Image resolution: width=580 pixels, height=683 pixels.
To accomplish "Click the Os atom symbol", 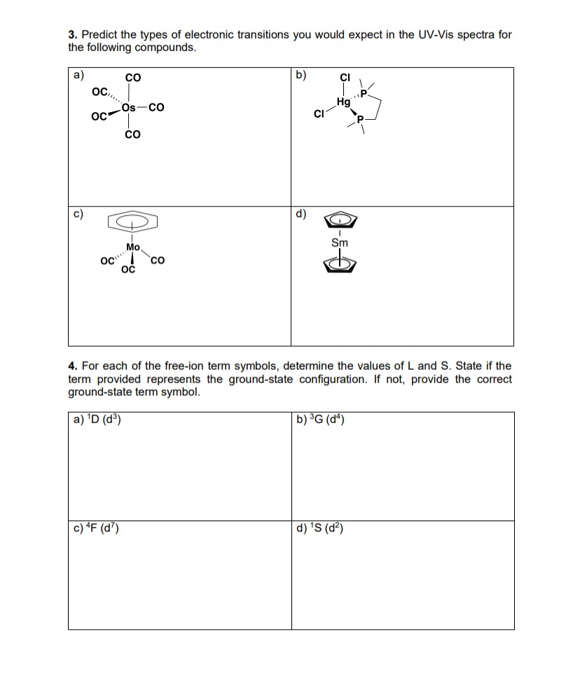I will coord(128,107).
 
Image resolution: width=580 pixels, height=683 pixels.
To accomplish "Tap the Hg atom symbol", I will coord(343,102).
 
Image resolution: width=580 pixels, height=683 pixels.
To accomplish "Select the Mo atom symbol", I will coord(133,247).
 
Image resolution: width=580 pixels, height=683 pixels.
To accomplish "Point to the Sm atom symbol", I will coord(340,242).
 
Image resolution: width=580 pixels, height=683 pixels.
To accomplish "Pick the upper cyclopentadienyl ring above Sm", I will coord(340,220).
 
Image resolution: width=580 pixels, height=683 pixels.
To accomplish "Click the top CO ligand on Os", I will coord(132,77).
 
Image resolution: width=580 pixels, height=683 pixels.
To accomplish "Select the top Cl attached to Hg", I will coord(344,78).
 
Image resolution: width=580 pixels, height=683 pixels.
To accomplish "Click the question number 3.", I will coord(71,34).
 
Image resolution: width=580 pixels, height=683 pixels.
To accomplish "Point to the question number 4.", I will coord(71,366).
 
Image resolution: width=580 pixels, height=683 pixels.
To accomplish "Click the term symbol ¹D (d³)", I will coord(98,420).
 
